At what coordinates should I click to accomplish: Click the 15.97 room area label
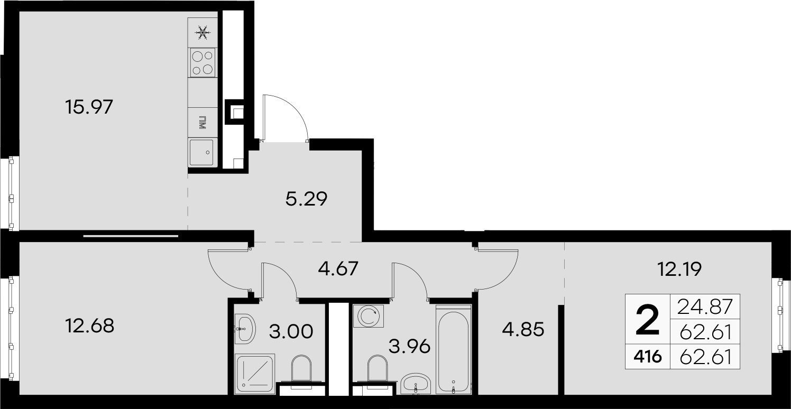(x=89, y=107)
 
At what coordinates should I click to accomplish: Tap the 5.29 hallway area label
(x=307, y=199)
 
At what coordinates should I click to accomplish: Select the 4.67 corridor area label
(x=338, y=268)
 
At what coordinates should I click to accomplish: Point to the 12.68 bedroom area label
(x=90, y=326)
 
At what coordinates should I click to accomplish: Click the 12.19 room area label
(x=679, y=269)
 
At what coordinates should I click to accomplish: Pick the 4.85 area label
(x=523, y=330)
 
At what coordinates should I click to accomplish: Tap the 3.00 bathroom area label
(x=291, y=332)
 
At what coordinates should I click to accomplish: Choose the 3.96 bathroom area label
(x=410, y=347)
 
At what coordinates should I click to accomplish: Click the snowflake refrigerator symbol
(x=203, y=33)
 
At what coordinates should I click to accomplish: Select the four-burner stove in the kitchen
(x=203, y=62)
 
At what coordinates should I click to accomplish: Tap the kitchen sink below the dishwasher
(x=201, y=152)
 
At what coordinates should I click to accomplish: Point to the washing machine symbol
(x=369, y=316)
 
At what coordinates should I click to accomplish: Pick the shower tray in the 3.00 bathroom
(x=255, y=374)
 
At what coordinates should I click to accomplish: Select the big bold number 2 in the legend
(x=648, y=320)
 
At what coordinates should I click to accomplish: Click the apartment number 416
(x=648, y=357)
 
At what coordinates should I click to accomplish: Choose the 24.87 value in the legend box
(x=705, y=306)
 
